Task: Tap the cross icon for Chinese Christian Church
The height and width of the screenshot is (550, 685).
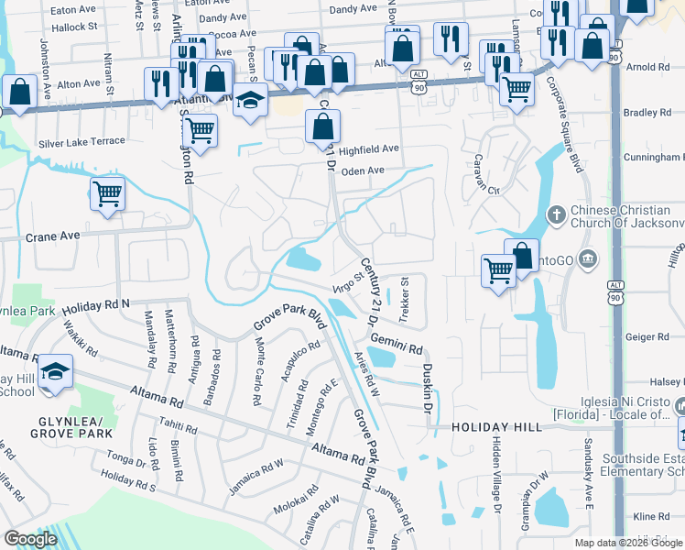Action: pyautogui.click(x=555, y=215)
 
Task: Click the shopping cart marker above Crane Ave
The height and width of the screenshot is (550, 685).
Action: pyautogui.click(x=107, y=193)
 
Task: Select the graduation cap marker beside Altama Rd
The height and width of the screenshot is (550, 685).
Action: pyautogui.click(x=56, y=371)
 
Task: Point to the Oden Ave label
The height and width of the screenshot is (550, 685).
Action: pyautogui.click(x=363, y=171)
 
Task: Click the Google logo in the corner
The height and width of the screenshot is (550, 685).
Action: pyautogui.click(x=30, y=539)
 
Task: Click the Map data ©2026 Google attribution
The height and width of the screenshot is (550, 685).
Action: pyautogui.click(x=627, y=543)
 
